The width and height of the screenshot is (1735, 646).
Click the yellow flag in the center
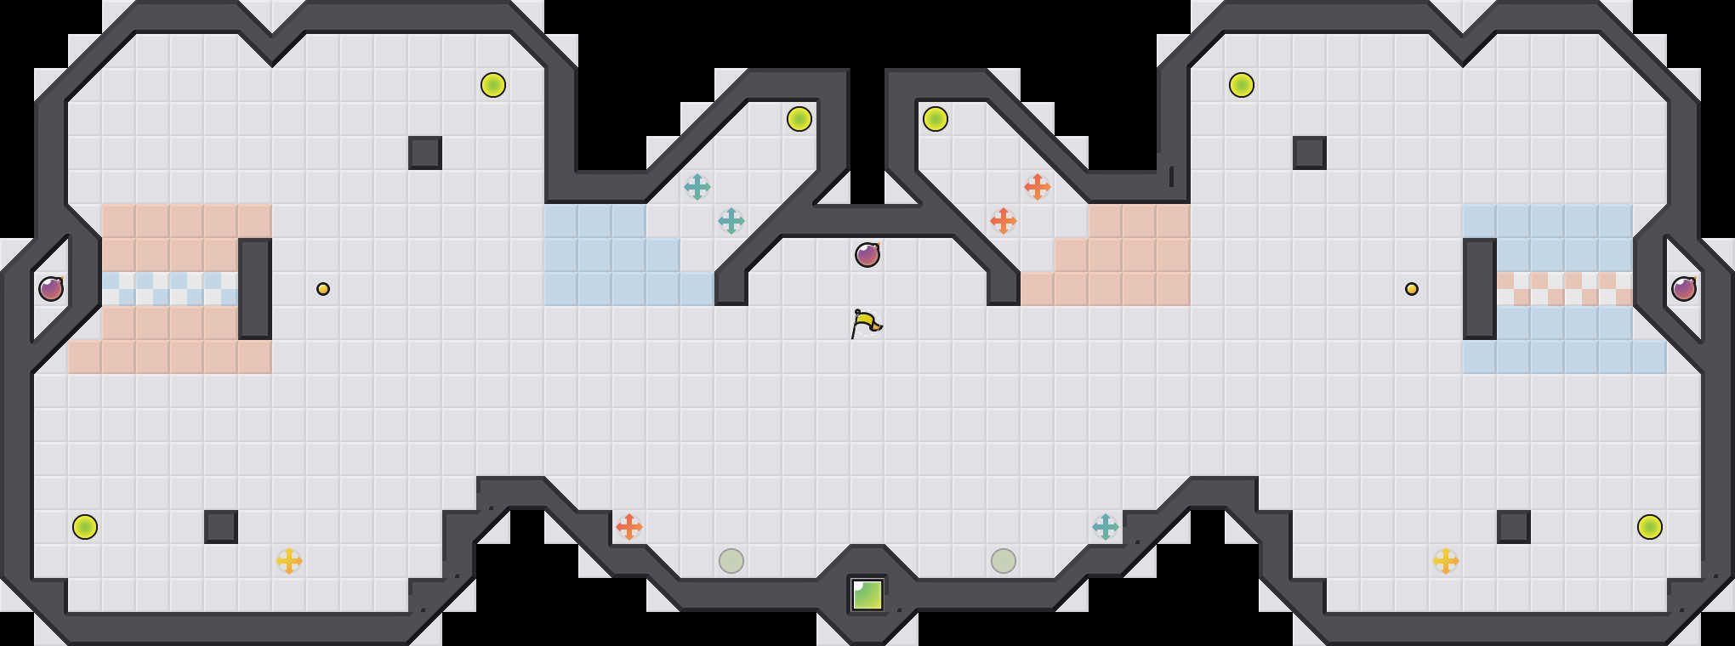(x=866, y=324)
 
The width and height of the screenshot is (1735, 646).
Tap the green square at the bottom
(x=867, y=595)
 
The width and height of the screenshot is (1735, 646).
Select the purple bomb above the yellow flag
(x=867, y=254)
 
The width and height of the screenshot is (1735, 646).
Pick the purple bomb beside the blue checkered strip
(x=51, y=289)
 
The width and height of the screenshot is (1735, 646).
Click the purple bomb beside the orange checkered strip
(x=1684, y=289)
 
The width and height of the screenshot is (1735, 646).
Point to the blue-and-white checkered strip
(x=170, y=289)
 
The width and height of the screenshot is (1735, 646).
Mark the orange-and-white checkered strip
(x=1565, y=289)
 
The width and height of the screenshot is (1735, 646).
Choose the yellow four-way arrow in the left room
(x=289, y=561)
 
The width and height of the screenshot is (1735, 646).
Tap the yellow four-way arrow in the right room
(x=1446, y=561)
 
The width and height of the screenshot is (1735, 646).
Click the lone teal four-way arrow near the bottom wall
(x=1106, y=527)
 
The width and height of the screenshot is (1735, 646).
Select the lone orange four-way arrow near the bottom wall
(x=629, y=527)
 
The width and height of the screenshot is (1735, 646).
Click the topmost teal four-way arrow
(x=697, y=187)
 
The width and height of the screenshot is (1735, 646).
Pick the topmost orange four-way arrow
(x=1038, y=187)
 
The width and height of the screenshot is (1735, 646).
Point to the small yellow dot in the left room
(x=323, y=289)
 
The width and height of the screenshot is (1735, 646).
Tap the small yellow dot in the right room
(x=1412, y=289)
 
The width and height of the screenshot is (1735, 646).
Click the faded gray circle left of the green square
(x=731, y=561)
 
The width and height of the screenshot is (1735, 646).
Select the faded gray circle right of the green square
(x=1004, y=561)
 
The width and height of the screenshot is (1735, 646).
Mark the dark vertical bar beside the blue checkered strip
(x=255, y=289)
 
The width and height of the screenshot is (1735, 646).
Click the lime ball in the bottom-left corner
(x=85, y=527)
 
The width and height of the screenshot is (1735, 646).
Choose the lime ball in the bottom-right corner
(x=1650, y=527)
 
